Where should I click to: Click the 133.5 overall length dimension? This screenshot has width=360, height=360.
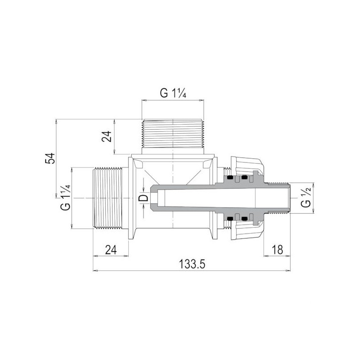[x=192, y=264]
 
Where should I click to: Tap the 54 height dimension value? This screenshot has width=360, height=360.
[x=50, y=158]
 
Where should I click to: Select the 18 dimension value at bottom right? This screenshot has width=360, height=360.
[x=277, y=250]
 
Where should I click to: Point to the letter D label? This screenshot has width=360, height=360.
[x=144, y=198]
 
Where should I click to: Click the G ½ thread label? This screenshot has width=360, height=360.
[x=306, y=197]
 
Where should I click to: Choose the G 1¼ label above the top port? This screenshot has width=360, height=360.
[x=173, y=93]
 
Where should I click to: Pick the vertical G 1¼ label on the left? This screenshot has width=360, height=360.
[x=65, y=198]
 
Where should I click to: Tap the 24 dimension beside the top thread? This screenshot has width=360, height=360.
[x=107, y=136]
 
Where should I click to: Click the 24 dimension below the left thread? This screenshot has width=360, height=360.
[x=111, y=250]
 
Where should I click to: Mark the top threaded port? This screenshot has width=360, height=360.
[x=173, y=133]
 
